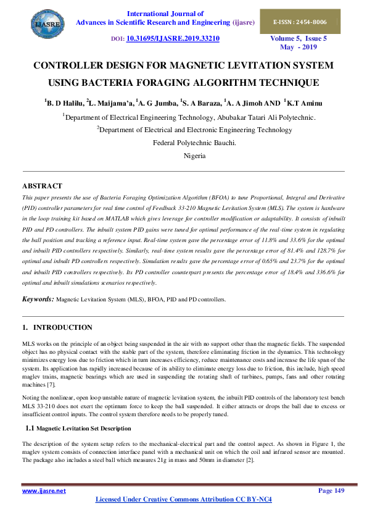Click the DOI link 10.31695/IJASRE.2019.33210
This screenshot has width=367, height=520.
tap(173, 38)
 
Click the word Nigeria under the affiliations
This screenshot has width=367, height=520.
tap(194, 156)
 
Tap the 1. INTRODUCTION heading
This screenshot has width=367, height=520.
tap(57, 327)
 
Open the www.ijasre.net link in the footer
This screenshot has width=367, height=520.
tap(44, 491)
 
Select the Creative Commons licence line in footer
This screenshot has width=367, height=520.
tap(184, 499)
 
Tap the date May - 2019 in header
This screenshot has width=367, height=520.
tap(298, 47)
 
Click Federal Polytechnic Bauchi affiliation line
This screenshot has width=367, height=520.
tap(194, 143)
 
